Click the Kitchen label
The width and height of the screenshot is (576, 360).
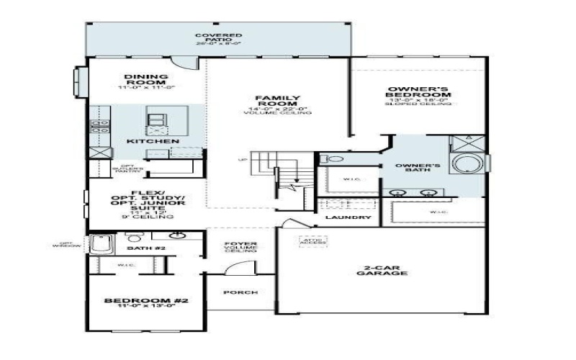point(153,141)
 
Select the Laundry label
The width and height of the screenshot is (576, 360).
point(348,217)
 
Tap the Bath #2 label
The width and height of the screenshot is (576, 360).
point(141,248)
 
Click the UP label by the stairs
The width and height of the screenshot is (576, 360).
point(244,159)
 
